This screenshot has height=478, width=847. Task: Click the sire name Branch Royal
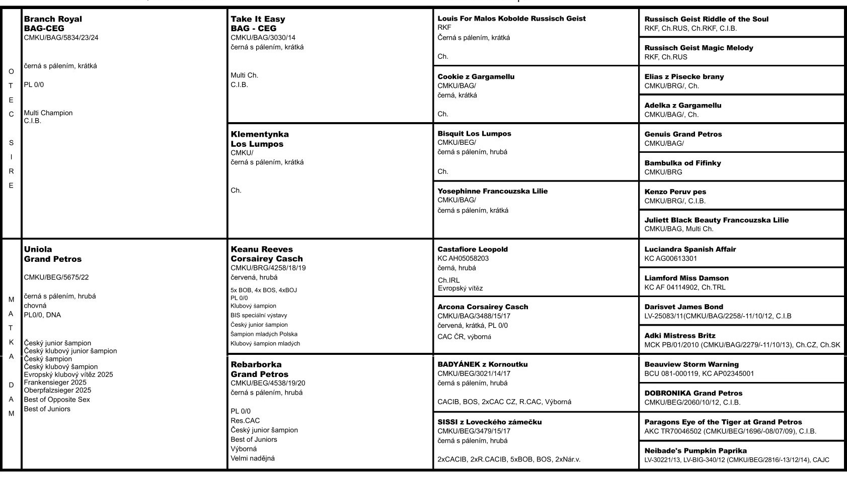click(53, 19)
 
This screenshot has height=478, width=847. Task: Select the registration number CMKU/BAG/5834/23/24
click(61, 38)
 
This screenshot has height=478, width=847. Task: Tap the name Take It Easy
click(258, 19)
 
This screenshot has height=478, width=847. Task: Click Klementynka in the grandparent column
click(260, 134)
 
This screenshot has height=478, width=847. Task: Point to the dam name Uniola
click(38, 249)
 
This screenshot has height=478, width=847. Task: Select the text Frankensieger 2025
click(55, 383)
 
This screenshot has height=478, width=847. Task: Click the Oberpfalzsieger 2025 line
click(57, 391)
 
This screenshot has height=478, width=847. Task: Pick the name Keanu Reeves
click(262, 249)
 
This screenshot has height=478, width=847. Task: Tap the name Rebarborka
click(256, 364)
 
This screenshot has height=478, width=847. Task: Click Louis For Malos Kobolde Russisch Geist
click(512, 19)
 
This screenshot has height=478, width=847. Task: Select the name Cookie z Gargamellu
click(476, 77)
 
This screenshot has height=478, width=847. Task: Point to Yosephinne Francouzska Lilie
click(493, 191)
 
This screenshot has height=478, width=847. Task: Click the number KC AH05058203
click(463, 258)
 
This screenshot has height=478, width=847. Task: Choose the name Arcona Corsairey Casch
click(483, 307)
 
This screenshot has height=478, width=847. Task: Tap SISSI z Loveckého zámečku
click(490, 422)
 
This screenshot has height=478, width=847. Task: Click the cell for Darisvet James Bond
click(741, 311)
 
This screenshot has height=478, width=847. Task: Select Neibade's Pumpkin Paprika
click(696, 451)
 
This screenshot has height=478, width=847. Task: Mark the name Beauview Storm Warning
click(691, 364)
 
